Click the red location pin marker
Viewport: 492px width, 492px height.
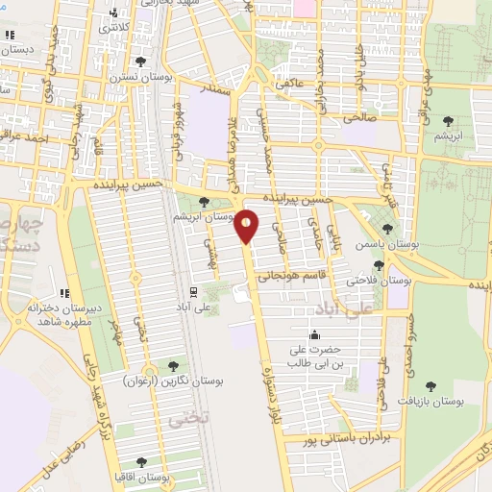point(247,226)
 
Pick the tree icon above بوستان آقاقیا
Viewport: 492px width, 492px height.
point(142,462)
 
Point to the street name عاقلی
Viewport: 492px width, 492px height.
point(289,84)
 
